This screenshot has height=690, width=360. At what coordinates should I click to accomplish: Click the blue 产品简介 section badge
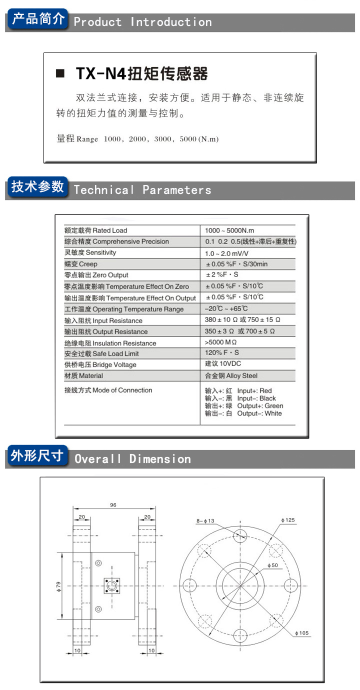tap(38, 19)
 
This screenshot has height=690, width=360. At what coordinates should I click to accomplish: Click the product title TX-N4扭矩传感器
tap(141, 74)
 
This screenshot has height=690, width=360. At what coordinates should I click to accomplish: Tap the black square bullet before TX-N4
tap(60, 74)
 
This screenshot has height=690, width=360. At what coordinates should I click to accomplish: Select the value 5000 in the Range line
tap(187, 139)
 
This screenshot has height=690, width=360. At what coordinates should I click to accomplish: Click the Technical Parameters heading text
tap(142, 190)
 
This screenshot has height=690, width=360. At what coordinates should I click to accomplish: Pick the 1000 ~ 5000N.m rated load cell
tap(229, 230)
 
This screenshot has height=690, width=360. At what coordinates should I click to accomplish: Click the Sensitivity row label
tap(90, 252)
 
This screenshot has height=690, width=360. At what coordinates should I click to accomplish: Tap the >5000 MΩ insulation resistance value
tap(220, 343)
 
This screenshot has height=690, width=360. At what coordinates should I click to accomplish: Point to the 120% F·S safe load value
tap(222, 353)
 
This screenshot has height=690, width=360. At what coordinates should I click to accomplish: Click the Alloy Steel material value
tap(231, 375)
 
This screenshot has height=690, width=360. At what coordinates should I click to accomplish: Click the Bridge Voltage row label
tap(100, 364)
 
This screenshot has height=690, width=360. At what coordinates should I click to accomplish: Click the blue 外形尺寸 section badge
tap(37, 456)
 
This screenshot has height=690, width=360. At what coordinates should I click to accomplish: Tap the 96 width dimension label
tap(113, 505)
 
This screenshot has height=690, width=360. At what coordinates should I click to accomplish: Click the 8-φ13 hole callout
tap(205, 521)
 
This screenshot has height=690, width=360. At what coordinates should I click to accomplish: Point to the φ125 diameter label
tap(288, 520)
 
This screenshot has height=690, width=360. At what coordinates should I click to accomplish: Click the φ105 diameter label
tap(302, 633)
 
